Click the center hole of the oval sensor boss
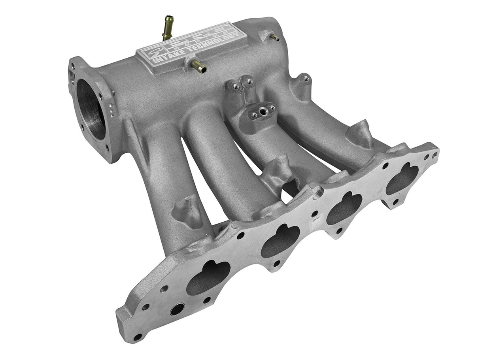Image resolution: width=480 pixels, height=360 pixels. (262, 111)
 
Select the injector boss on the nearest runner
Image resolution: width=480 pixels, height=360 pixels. (187, 209)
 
